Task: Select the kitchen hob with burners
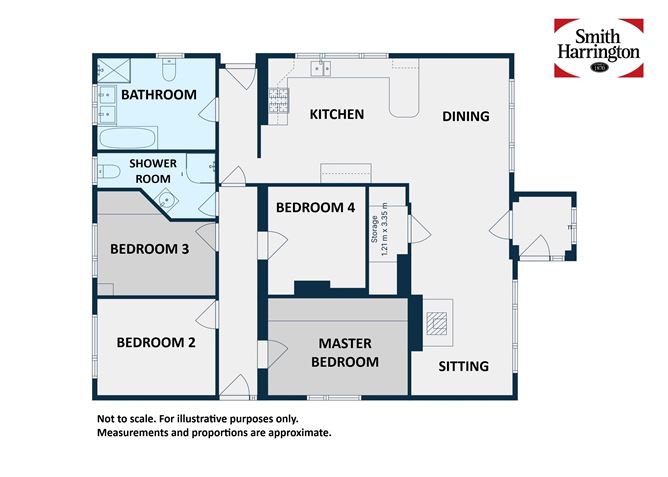276,99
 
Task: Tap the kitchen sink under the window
321,68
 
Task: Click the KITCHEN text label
336,115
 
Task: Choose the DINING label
466,116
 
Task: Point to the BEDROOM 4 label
315,208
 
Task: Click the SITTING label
465,366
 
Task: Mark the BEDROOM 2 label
156,342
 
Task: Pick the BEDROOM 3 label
150,249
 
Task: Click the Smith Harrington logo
598,48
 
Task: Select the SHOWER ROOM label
153,170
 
